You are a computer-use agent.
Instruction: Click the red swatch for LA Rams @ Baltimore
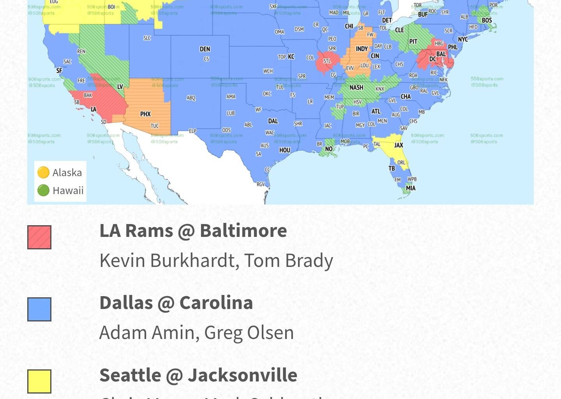(x=39, y=237)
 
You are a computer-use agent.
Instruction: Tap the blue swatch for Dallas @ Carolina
(x=39, y=309)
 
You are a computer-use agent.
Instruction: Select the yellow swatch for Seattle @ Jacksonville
(x=39, y=381)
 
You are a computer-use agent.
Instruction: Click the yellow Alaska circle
(x=43, y=172)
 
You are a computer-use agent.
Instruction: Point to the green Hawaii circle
(x=43, y=191)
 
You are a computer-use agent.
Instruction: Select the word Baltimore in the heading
(x=243, y=231)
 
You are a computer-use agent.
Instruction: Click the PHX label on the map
(x=145, y=114)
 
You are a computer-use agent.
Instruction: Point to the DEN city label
(x=205, y=49)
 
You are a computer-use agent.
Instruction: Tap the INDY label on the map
(x=362, y=49)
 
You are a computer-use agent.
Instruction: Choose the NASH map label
(x=356, y=88)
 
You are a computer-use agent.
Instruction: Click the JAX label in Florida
(x=399, y=145)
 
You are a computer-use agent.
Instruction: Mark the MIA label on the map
(x=411, y=188)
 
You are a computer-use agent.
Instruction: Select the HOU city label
(x=285, y=150)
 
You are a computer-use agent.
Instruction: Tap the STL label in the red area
(x=327, y=61)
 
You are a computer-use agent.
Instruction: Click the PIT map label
(x=413, y=42)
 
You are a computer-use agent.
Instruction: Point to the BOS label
(x=487, y=20)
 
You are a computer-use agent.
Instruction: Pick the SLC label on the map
(x=147, y=38)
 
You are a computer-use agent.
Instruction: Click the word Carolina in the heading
(x=216, y=303)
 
